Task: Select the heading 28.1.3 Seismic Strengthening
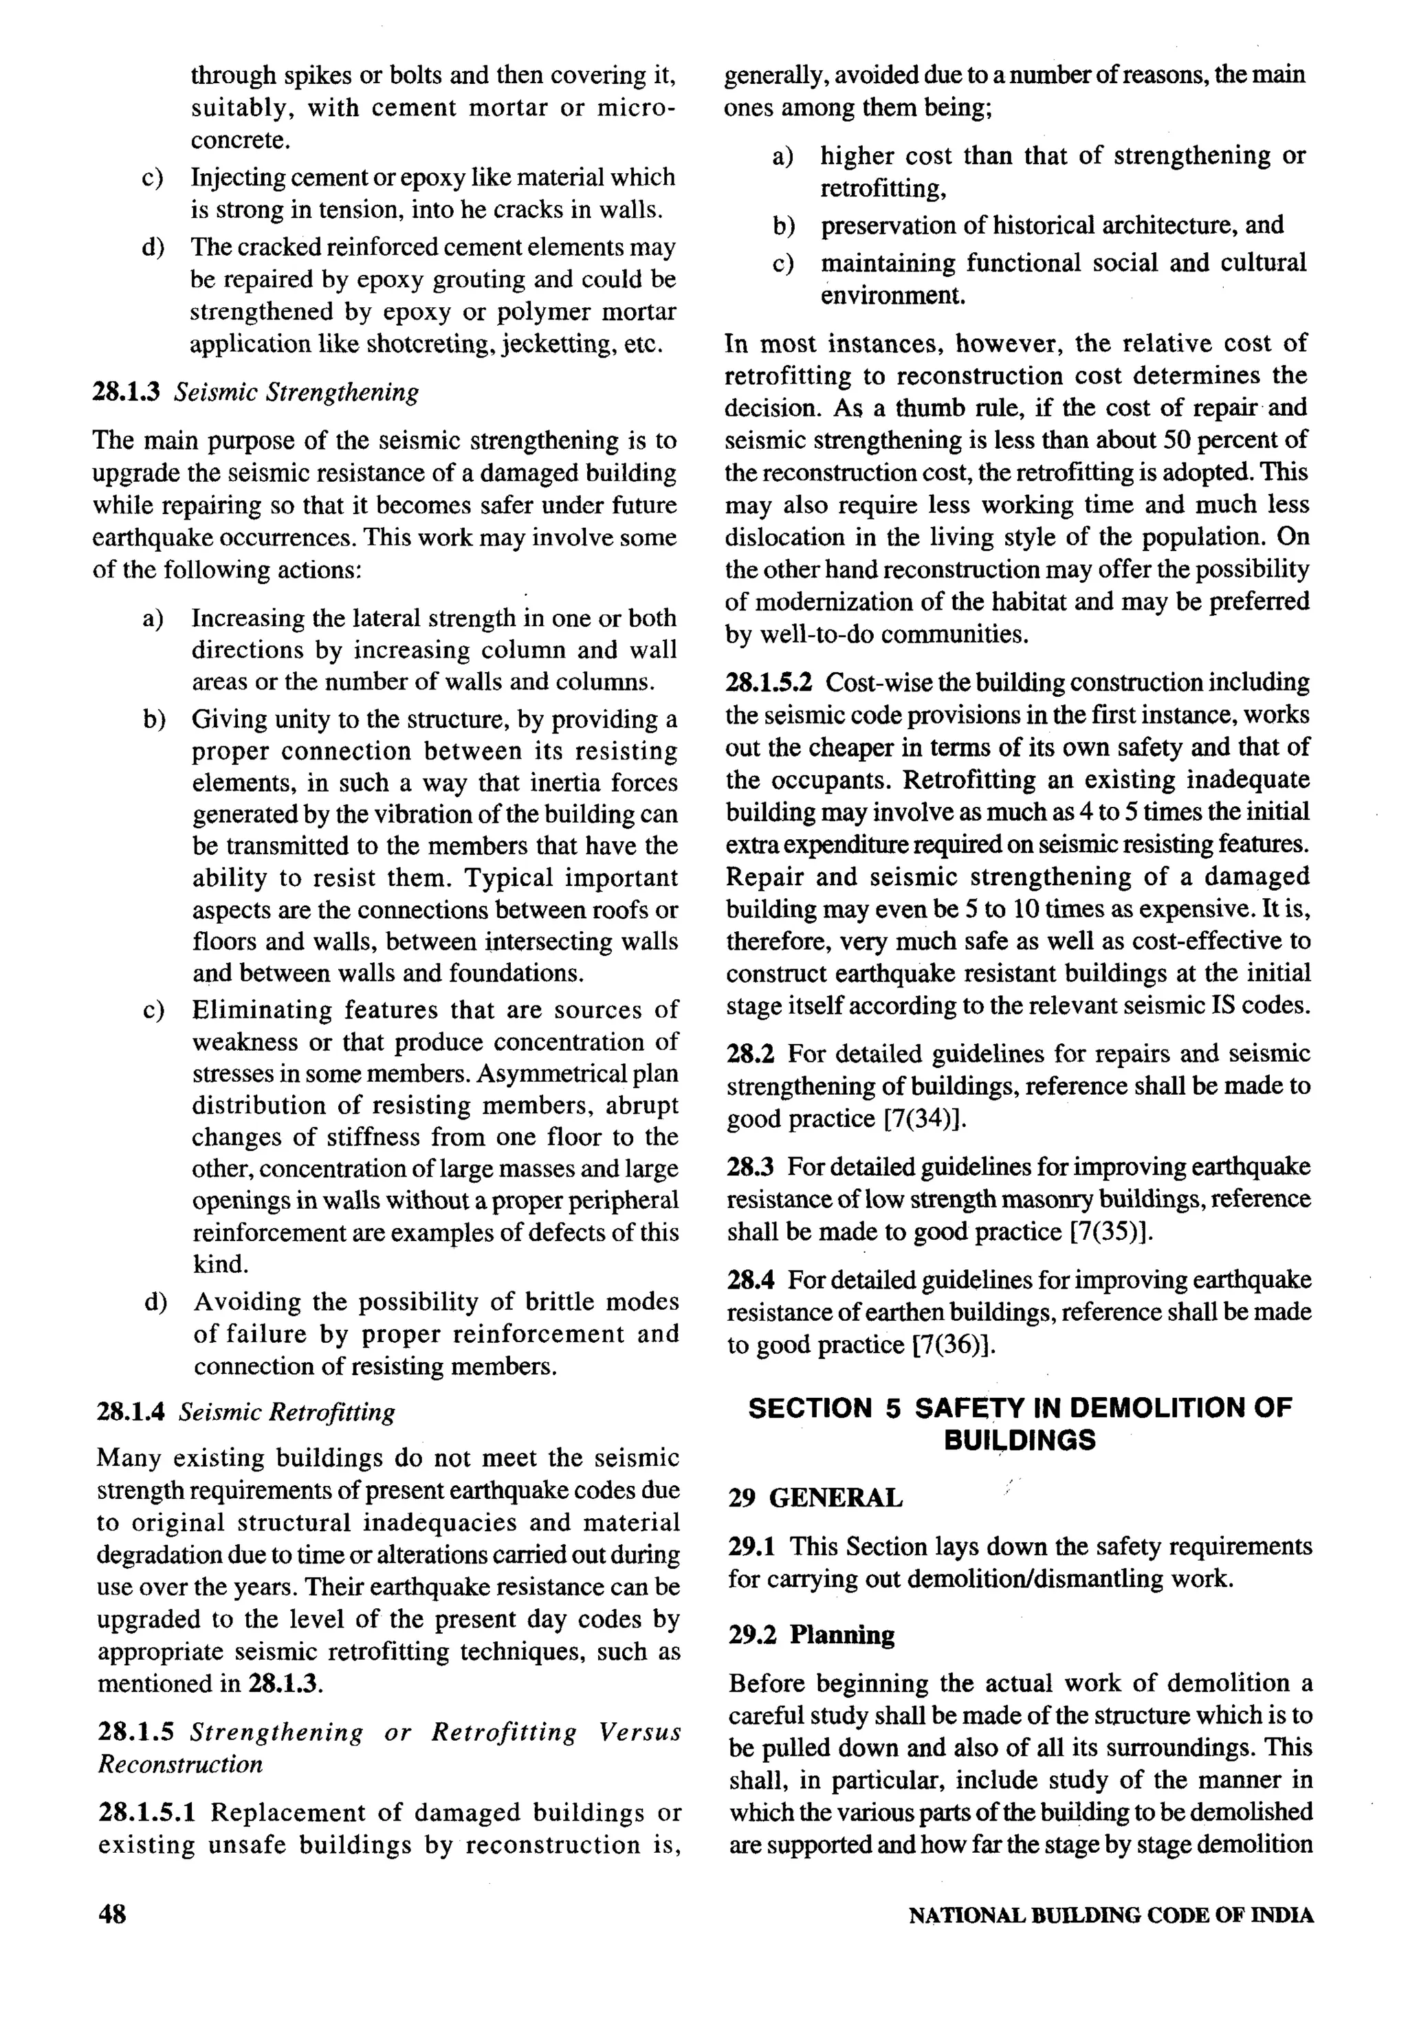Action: (255, 392)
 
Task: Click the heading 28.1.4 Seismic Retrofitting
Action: (245, 1412)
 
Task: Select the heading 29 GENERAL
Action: (815, 1498)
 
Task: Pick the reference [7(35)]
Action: (1111, 1231)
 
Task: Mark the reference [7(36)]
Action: (951, 1345)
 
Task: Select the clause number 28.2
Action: (750, 1054)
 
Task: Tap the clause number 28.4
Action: (750, 1280)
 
